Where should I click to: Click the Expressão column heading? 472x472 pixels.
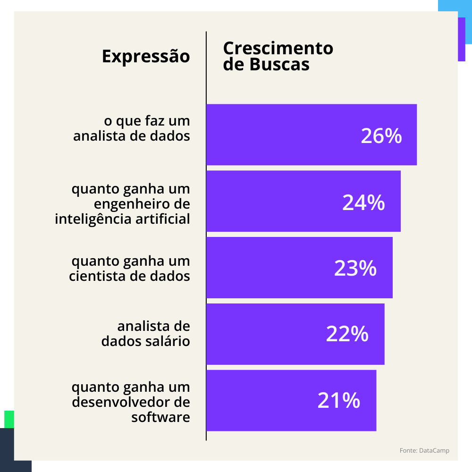pyautogui.click(x=146, y=56)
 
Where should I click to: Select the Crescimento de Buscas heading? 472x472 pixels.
pyautogui.click(x=278, y=56)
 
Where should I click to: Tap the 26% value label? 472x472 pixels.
pyautogui.click(x=381, y=136)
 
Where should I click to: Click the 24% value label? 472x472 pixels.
pyautogui.click(x=363, y=202)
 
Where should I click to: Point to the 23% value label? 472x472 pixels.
pyautogui.click(x=355, y=268)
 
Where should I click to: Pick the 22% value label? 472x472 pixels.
pyautogui.click(x=347, y=334)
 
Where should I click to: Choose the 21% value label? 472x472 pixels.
pyautogui.click(x=339, y=401)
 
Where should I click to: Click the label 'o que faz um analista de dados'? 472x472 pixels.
pyautogui.click(x=132, y=128)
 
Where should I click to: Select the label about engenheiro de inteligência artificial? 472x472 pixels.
pyautogui.click(x=123, y=204)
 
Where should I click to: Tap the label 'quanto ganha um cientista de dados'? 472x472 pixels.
pyautogui.click(x=130, y=268)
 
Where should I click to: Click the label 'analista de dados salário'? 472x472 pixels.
pyautogui.click(x=146, y=334)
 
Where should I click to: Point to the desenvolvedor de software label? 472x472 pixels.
pyautogui.click(x=131, y=402)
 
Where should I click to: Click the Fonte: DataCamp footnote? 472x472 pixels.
pyautogui.click(x=424, y=451)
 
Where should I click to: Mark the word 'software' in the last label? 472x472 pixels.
pyautogui.click(x=161, y=417)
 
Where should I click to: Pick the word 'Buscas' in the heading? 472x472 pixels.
pyautogui.click(x=279, y=65)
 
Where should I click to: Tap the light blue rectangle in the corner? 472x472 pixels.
pyautogui.click(x=455, y=6)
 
